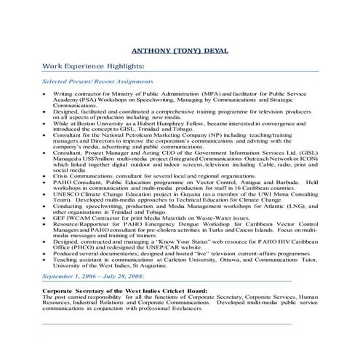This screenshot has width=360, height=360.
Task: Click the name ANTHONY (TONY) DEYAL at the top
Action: [180, 52]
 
